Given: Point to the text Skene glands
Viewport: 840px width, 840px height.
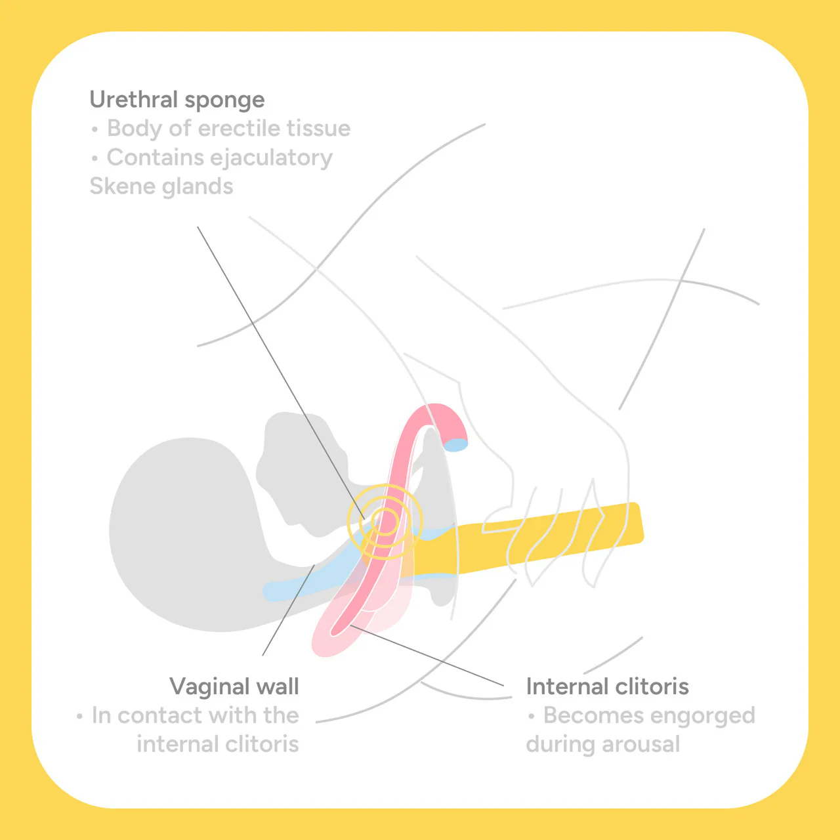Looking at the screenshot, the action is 161,186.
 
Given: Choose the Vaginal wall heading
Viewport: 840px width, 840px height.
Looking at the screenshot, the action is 234,686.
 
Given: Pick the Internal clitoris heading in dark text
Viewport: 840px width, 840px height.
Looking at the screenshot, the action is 607,686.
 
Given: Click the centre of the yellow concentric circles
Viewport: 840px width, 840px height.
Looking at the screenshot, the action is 385,521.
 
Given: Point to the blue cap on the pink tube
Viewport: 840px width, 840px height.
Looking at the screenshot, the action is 455,445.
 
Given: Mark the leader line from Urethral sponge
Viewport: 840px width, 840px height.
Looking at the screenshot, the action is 281,373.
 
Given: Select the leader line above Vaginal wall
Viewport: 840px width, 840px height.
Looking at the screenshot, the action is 288,610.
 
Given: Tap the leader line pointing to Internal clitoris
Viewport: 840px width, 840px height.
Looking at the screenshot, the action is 427,656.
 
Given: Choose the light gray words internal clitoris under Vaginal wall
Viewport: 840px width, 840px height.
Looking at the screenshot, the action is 218,744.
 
